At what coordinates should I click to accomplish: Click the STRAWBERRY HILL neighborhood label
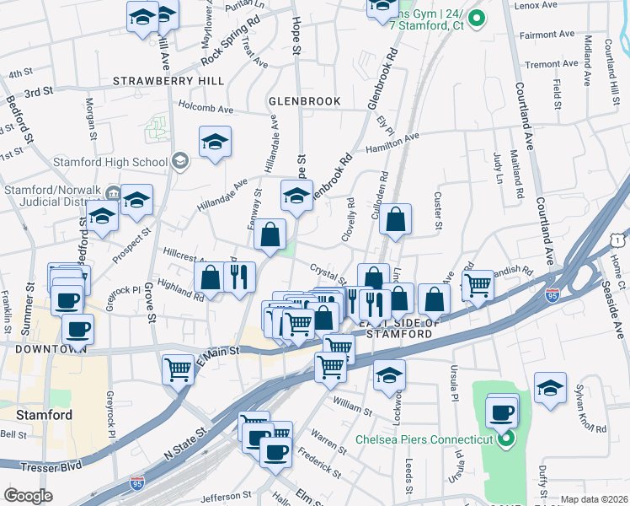tap(169, 81)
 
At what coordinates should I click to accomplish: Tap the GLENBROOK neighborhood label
tap(304, 101)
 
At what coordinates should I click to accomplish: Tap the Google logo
tap(28, 496)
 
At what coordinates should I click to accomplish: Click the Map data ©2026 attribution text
tap(594, 499)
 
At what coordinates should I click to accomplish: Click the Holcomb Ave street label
tap(206, 108)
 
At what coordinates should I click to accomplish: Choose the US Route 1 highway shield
tap(619, 218)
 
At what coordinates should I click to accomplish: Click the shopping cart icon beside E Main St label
tap(179, 369)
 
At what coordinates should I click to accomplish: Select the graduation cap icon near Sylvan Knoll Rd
tap(550, 389)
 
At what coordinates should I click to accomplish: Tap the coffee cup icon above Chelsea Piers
tap(503, 412)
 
